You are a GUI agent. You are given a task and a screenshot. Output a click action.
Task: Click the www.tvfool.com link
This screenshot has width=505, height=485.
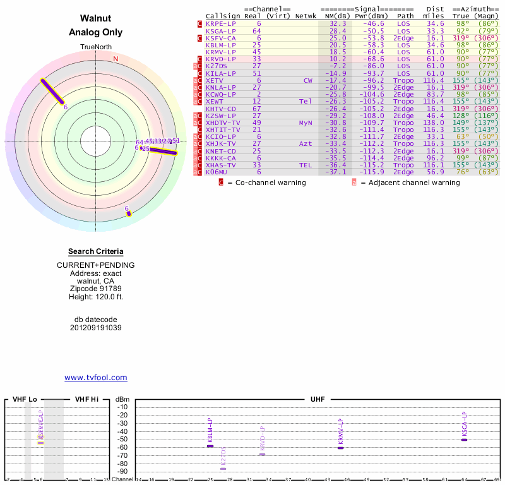pyautogui.click(x=96, y=378)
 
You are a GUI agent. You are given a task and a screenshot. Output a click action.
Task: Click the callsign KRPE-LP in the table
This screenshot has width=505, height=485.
pyautogui.click(x=221, y=23)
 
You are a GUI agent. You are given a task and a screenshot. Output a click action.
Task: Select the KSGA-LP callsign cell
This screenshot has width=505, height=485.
pyautogui.click(x=221, y=30)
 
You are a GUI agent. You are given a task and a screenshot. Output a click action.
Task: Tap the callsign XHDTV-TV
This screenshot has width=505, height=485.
pyautogui.click(x=223, y=122)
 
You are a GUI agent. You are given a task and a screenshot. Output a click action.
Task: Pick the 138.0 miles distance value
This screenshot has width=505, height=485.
pyautogui.click(x=434, y=122)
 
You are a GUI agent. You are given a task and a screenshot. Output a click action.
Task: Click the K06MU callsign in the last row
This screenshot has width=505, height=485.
pyautogui.click(x=217, y=172)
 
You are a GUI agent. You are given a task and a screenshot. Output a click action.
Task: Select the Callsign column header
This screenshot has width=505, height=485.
pyautogui.click(x=223, y=16)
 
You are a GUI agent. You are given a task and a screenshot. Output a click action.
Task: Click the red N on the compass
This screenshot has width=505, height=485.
pyautogui.click(x=116, y=59)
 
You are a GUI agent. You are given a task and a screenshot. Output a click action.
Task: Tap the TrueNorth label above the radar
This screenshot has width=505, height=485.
pyautogui.click(x=96, y=47)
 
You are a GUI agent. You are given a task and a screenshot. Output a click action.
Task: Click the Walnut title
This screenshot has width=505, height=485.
pyautogui.click(x=96, y=18)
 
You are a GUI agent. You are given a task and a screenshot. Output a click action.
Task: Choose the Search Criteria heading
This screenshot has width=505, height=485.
pyautogui.click(x=96, y=251)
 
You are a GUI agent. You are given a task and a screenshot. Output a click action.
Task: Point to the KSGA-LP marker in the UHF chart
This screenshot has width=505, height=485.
pyautogui.click(x=464, y=440)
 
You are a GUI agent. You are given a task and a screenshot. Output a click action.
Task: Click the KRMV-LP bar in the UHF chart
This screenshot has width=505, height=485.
pyautogui.click(x=340, y=447)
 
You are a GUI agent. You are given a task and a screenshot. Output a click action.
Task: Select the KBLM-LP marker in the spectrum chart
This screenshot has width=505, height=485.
pyautogui.click(x=210, y=446)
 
